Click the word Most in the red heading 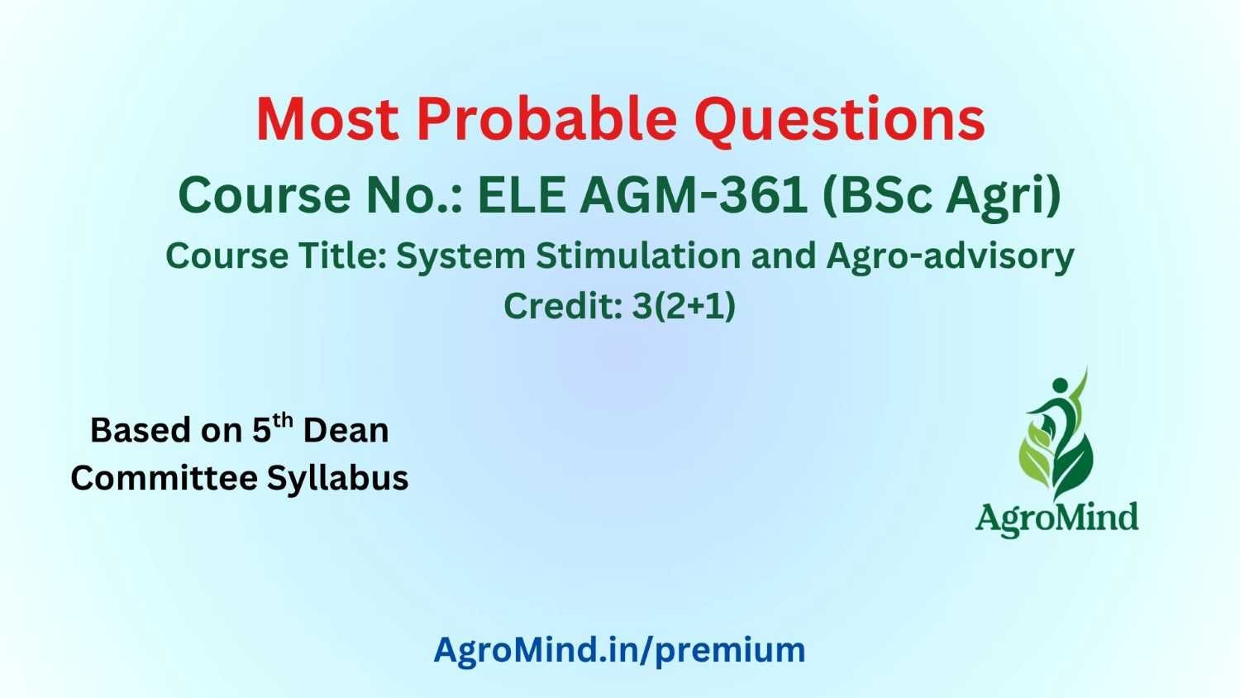pyautogui.click(x=327, y=119)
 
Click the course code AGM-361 pyautogui.click(x=694, y=195)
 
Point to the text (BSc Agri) pyautogui.click(x=942, y=197)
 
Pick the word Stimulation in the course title pyautogui.click(x=638, y=256)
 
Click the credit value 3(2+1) pyautogui.click(x=684, y=306)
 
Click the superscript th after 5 pyautogui.click(x=283, y=421)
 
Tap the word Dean pyautogui.click(x=346, y=430)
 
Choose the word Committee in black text pyautogui.click(x=165, y=478)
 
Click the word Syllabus pyautogui.click(x=337, y=479)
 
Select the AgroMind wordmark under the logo pyautogui.click(x=1056, y=519)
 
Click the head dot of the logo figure pyautogui.click(x=1060, y=385)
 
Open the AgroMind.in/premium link pyautogui.click(x=619, y=650)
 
